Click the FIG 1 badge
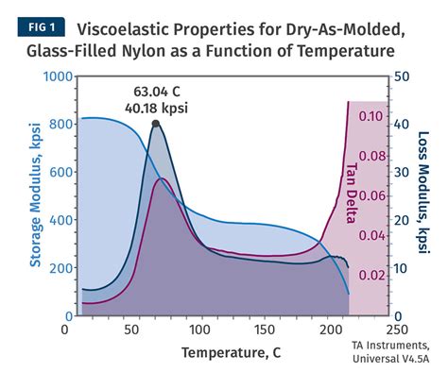tap(36, 26)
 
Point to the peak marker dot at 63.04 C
tap(155, 124)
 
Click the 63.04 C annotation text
tap(158, 92)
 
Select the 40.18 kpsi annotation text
tap(158, 108)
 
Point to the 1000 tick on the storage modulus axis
tap(43, 76)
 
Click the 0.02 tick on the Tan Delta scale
tap(371, 275)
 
